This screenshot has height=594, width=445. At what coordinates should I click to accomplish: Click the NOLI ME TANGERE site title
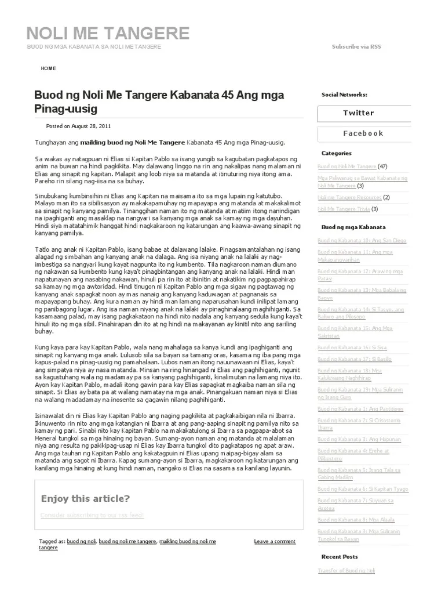[108, 32]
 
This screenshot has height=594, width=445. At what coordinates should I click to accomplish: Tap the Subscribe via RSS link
[356, 46]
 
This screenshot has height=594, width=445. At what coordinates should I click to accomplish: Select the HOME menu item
[49, 68]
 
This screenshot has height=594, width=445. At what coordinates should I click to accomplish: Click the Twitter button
[358, 113]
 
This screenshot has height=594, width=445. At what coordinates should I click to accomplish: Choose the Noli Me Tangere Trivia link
[344, 209]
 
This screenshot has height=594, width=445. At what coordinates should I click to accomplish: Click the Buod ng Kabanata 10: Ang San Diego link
[362, 240]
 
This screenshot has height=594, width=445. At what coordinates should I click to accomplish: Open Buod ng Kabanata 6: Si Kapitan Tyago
[362, 489]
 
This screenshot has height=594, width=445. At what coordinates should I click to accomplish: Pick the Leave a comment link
[275, 541]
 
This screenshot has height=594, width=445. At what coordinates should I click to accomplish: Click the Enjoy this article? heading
[85, 499]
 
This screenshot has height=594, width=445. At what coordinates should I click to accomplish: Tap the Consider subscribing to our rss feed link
[92, 515]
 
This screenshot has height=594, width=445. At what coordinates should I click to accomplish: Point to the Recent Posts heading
[340, 557]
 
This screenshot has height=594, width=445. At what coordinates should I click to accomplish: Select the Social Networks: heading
[344, 95]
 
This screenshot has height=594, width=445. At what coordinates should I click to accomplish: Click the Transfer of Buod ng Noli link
[346, 571]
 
